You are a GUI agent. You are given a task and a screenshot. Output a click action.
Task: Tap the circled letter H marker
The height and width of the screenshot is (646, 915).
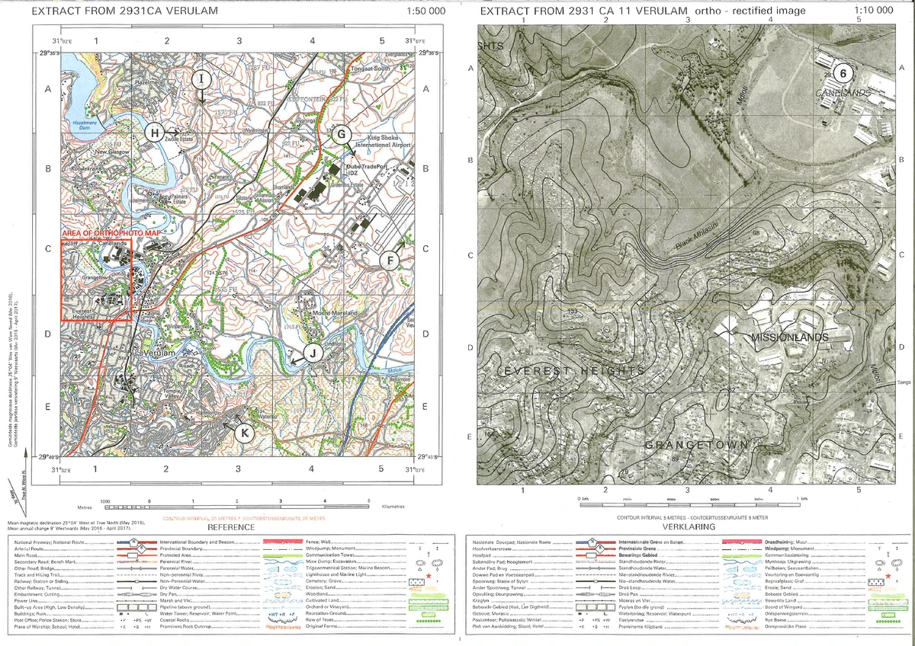tap(155, 133)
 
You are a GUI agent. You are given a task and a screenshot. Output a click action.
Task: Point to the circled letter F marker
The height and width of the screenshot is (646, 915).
tap(390, 260)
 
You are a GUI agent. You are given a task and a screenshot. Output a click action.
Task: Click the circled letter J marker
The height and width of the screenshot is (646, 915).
tap(311, 352)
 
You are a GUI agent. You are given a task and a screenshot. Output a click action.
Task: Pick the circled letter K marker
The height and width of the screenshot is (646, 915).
tap(244, 433)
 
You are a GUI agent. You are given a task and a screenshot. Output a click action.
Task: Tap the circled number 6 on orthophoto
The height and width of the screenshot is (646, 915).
tap(843, 73)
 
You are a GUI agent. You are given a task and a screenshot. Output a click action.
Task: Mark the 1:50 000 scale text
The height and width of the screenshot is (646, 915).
tap(426, 11)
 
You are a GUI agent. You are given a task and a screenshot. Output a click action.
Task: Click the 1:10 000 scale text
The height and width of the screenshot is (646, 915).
tap(874, 11)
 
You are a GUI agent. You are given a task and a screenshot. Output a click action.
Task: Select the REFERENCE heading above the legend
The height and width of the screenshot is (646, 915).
tap(231, 527)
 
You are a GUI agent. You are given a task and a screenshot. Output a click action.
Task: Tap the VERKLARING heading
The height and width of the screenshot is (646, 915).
tap(689, 527)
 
